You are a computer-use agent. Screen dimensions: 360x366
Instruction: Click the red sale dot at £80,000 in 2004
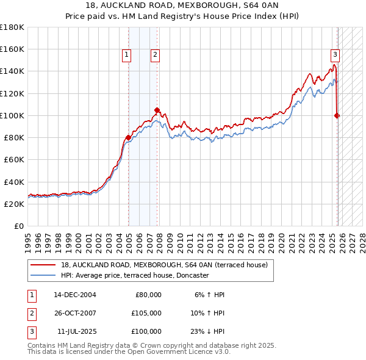pos(128,137)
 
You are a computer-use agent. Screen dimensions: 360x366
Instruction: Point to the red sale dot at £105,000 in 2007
pos(157,110)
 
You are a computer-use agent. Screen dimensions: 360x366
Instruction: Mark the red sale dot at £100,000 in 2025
pos(337,115)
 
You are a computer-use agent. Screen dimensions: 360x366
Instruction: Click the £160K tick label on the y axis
pos(12,49)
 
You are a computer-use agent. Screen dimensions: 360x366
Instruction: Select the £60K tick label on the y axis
pos(14,160)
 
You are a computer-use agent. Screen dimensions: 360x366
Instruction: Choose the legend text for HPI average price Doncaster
pos(135,275)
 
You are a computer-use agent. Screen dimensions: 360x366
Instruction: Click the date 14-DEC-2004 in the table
pos(75,295)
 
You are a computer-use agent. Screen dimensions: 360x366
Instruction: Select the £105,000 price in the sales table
pos(146,313)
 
